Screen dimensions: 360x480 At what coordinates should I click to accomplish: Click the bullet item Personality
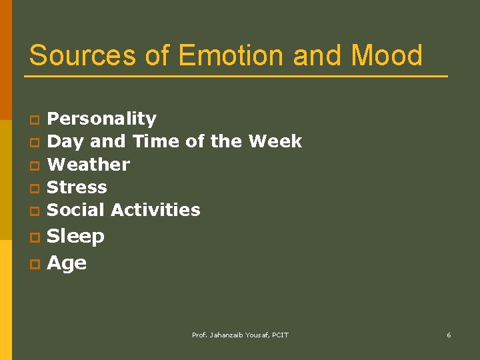tap(102, 119)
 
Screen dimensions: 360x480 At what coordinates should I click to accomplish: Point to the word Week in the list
tap(275, 141)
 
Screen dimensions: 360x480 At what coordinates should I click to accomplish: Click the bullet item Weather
tap(89, 164)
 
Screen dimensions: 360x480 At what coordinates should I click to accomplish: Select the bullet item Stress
tap(77, 187)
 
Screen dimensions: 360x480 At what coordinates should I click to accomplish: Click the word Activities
tap(156, 209)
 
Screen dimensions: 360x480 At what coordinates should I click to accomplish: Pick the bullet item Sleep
tap(76, 237)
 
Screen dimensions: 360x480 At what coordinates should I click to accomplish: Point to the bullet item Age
tap(67, 263)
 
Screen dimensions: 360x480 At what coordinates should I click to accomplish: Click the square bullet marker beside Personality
tap(34, 121)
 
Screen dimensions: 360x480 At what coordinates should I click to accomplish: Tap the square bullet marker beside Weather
tap(34, 165)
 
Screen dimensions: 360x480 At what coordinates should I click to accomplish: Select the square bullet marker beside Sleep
tap(34, 238)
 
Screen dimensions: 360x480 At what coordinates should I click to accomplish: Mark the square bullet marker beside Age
tap(34, 264)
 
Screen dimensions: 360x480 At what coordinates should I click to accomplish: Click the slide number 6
tap(449, 335)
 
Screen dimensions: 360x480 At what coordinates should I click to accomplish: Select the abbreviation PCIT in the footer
tap(279, 335)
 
